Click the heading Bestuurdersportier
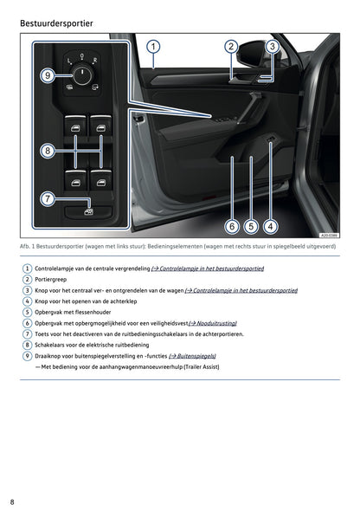pos(56,22)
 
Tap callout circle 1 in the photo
pos(152,47)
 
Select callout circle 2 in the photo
pos(231,47)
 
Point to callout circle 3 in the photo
pos(272,47)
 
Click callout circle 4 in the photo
pos(271,227)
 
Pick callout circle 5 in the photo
pos(251,227)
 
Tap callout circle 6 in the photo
pos(231,227)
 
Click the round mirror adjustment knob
pos(83,75)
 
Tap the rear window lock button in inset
pos(88,210)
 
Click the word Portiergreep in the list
pos(51,279)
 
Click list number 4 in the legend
pos(27,301)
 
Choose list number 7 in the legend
pos(27,333)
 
